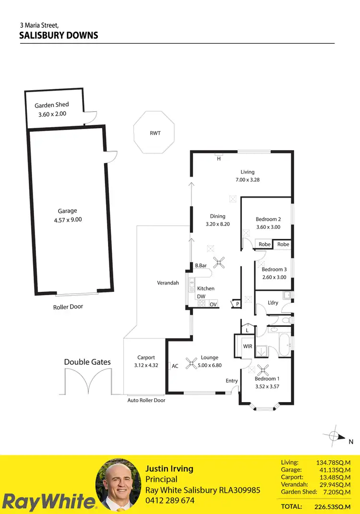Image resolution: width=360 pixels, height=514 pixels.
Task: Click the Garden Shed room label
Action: point(52,105)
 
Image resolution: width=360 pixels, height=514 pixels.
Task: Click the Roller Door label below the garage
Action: point(68,307)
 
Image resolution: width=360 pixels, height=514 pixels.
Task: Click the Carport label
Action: point(146,357)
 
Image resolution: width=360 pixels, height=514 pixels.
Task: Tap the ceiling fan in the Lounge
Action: point(192,363)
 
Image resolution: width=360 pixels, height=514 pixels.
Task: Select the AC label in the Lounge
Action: point(175,366)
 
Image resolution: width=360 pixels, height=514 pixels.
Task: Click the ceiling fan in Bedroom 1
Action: point(263,369)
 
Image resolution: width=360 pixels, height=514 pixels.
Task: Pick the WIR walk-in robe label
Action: point(248,346)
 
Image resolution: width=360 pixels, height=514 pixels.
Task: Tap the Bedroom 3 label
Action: point(274,269)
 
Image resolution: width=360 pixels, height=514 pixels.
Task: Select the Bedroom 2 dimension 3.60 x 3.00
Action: point(268,227)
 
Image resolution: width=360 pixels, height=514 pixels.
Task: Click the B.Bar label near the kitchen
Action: point(201,265)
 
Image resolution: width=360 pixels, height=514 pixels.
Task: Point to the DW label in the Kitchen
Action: point(201,297)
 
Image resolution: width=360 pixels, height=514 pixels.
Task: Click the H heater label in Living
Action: point(219,158)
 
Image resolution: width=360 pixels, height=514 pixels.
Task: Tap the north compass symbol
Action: point(335,436)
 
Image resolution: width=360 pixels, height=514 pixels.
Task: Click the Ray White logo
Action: point(48,502)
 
